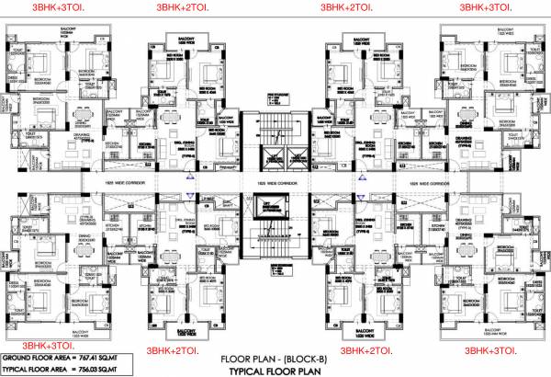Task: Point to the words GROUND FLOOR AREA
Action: [39, 354]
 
